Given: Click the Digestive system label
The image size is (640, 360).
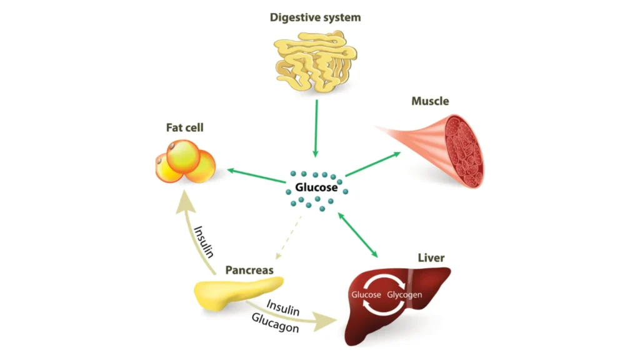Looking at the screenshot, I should pos(315,17).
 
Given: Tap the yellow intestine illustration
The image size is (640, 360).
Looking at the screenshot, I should pos(315,62).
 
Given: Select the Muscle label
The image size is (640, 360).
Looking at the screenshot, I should pos(430,101).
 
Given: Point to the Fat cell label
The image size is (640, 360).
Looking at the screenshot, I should pos(184,127).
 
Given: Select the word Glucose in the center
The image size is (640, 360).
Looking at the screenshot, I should pos(316,187).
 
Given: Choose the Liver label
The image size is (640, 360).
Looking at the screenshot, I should pos(431,257).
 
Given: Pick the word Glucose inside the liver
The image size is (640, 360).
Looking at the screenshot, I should pos(366,294).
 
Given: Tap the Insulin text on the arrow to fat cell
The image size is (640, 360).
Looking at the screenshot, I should pos(204,241).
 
